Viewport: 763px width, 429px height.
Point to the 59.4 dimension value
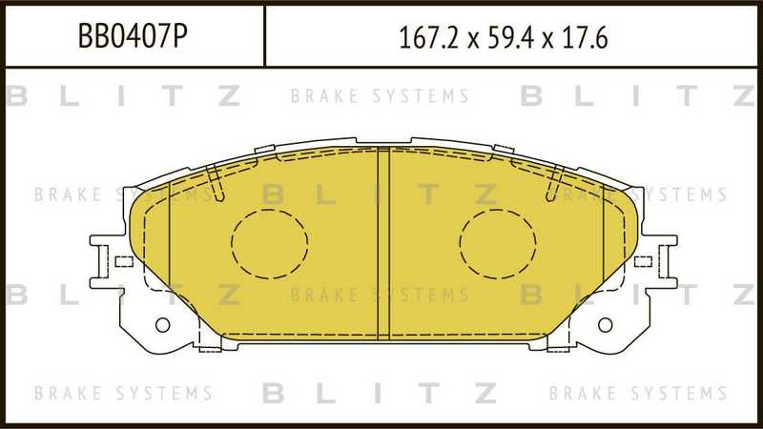click(x=509, y=37)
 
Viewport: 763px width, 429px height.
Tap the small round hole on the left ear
click(x=162, y=324)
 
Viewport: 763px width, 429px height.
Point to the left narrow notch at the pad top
click(x=216, y=183)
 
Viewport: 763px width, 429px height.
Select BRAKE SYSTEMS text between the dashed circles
click(x=380, y=296)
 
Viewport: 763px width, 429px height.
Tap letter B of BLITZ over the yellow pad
click(x=273, y=195)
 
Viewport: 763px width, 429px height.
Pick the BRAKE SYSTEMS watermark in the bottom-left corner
click(x=123, y=393)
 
